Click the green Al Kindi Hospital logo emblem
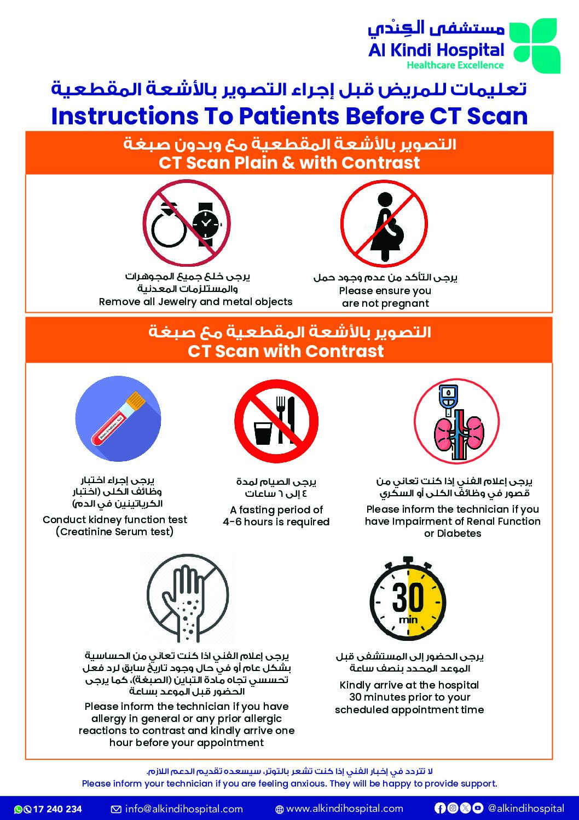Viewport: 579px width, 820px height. tap(534, 45)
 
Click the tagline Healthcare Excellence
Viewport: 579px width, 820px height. tap(455, 65)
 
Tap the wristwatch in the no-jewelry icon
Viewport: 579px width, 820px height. tap(206, 222)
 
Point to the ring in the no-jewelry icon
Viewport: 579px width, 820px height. tap(169, 226)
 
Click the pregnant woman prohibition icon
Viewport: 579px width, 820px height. tap(384, 223)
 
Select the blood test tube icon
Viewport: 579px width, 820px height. tap(118, 418)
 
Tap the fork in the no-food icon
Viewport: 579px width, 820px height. tap(281, 419)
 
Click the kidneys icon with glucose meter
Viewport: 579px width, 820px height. tap(456, 422)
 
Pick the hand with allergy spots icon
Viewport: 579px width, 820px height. tap(187, 597)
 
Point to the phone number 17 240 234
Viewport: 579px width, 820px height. tap(57, 809)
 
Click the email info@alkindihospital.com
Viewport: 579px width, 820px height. tap(183, 809)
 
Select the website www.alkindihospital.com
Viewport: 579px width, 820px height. tap(344, 809)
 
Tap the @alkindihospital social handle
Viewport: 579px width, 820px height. tap(525, 808)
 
